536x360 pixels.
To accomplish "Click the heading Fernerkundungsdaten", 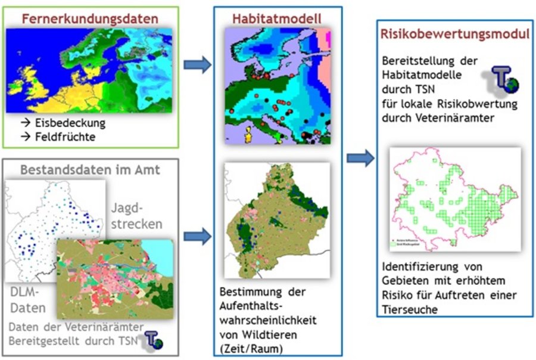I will (91, 18).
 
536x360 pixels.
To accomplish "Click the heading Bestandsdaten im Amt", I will (89, 169).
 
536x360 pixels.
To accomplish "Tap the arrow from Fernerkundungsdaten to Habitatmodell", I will (197, 65).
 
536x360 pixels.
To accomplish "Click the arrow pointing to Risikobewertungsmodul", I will (360, 159).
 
